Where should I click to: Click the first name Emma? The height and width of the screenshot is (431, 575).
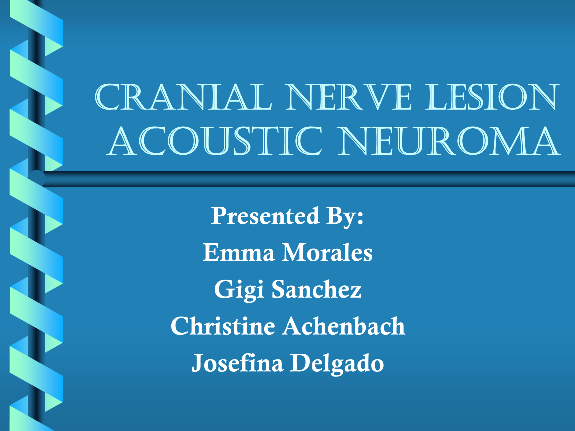tap(238, 253)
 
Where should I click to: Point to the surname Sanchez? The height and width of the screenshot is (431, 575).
tap(316, 290)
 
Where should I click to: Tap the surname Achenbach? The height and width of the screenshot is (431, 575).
tap(344, 327)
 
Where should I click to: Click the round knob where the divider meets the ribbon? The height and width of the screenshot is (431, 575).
tap(38, 178)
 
